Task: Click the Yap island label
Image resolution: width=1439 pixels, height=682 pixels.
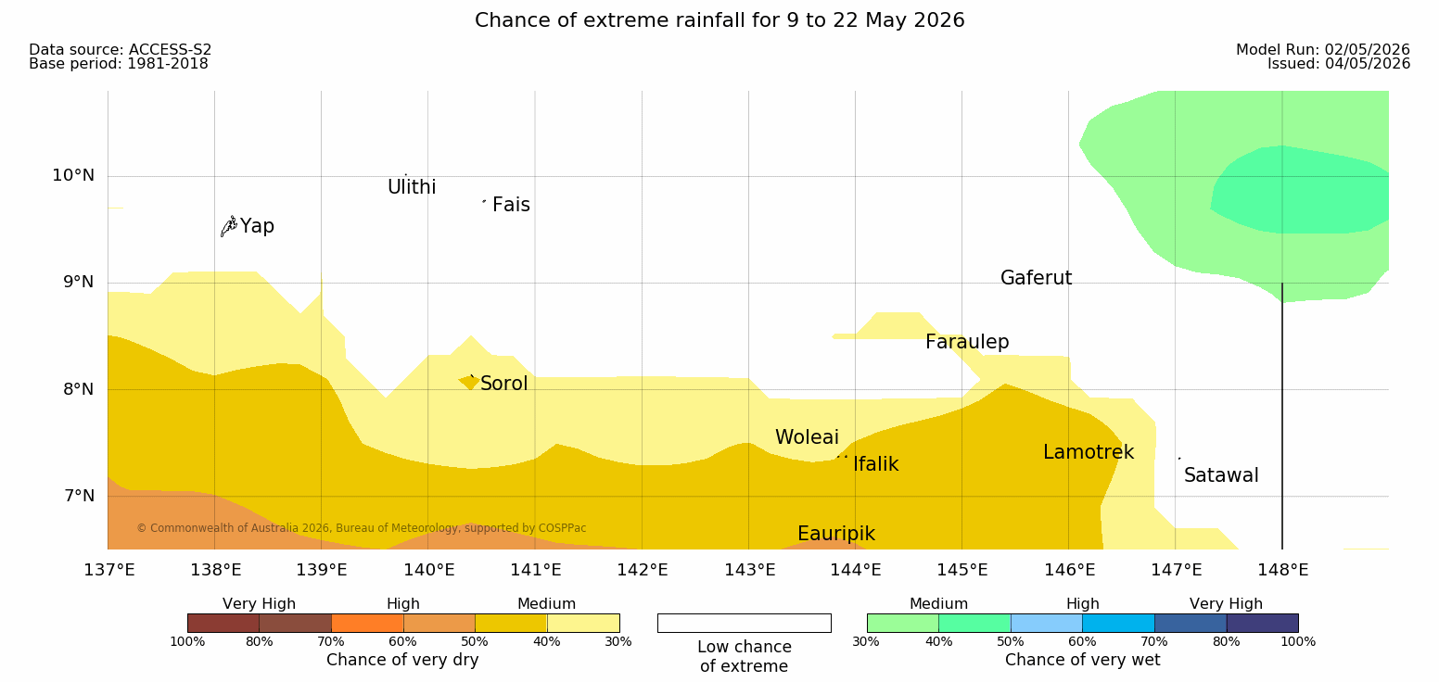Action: (x=257, y=227)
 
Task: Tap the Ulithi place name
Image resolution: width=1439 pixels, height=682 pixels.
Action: (x=412, y=187)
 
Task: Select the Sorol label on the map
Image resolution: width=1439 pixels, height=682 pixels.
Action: (x=503, y=384)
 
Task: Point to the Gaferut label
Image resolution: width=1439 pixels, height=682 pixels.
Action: (x=1037, y=278)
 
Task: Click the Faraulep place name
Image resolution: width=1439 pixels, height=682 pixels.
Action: (x=967, y=342)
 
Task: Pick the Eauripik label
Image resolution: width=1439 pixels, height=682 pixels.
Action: (x=836, y=535)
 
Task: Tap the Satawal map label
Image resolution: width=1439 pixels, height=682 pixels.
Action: (x=1221, y=475)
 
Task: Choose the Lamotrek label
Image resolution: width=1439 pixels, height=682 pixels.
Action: (x=1089, y=452)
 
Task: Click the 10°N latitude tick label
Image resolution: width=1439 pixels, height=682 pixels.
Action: (x=73, y=175)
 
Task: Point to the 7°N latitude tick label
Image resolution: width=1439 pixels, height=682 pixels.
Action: (x=79, y=496)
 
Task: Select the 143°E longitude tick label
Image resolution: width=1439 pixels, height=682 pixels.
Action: (x=750, y=570)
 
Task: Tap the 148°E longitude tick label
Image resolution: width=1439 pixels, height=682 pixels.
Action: (x=1283, y=570)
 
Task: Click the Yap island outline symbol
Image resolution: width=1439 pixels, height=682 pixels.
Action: (x=229, y=227)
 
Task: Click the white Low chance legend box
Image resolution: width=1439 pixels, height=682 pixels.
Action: (x=744, y=623)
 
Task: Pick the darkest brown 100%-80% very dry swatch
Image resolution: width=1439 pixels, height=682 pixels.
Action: (x=223, y=623)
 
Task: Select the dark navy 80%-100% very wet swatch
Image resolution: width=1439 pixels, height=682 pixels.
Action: (x=1262, y=623)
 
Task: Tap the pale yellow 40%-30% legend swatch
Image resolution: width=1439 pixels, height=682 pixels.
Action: (x=583, y=623)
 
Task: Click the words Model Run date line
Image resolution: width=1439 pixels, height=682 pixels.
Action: (x=1323, y=49)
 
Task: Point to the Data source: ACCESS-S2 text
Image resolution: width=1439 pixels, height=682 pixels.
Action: (x=121, y=49)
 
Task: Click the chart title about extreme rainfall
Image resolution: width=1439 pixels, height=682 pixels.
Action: (x=719, y=19)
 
